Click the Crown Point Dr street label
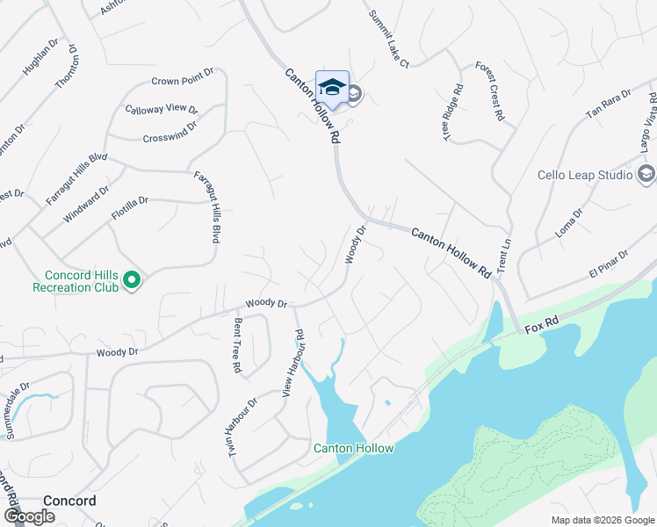[x=183, y=81]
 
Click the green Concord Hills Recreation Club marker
[x=132, y=280]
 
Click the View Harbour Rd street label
[x=292, y=363]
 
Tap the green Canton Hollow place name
[x=354, y=448]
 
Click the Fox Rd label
[x=542, y=328]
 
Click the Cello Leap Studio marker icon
[x=646, y=175]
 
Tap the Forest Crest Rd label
[x=489, y=91]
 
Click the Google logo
[x=30, y=516]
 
